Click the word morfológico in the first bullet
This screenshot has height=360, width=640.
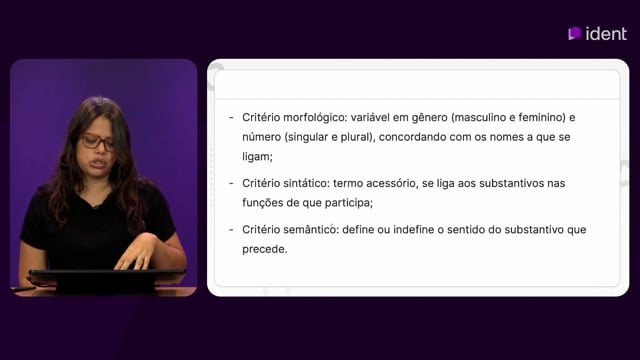[314, 118]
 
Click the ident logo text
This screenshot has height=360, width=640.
[606, 34]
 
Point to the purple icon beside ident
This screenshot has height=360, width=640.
[575, 33]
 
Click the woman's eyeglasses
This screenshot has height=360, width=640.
[97, 142]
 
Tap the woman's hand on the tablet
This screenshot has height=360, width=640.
[136, 253]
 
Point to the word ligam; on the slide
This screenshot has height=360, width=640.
[257, 157]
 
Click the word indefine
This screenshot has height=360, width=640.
[413, 229]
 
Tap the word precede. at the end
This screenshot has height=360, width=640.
[264, 249]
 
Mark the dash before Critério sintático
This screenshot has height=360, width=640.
[231, 184]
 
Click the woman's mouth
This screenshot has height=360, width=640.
[98, 164]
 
